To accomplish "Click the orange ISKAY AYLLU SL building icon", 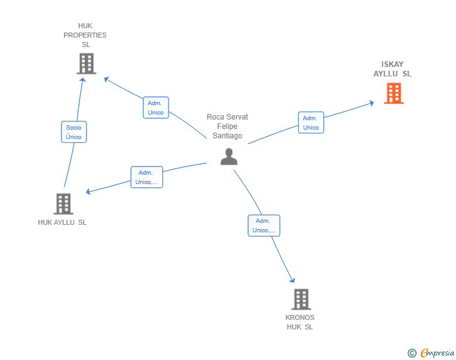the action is tap(394, 93).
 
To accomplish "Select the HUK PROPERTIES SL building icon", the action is tap(86, 64).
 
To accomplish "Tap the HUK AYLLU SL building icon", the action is tap(63, 204).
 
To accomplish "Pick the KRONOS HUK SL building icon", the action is tap(301, 299).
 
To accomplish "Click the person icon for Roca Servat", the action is tap(229, 157).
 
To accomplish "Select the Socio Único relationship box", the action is tap(74, 132).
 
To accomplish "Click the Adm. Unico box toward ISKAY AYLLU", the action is tap(311, 123).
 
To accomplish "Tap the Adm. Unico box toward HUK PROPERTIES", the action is tap(156, 108).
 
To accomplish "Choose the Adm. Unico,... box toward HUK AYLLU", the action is tap(147, 177).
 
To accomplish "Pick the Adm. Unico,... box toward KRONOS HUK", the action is tap(264, 225).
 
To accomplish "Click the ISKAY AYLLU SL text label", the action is tap(392, 69).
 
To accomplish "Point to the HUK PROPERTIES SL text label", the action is tap(85, 35).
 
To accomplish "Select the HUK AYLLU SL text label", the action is tap(62, 222).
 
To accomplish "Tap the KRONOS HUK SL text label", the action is tap(300, 322).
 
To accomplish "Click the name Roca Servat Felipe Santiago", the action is tap(227, 126).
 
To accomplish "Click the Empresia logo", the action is tap(437, 352).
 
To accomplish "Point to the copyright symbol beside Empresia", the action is tap(412, 353).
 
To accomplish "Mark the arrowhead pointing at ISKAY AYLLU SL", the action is tap(371, 103).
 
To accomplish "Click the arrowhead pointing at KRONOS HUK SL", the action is tap(293, 280).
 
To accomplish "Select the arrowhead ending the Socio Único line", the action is tap(83, 80).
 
